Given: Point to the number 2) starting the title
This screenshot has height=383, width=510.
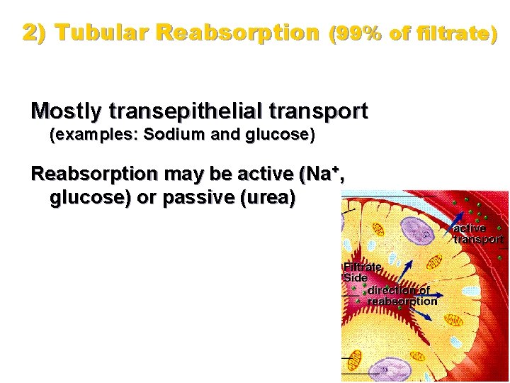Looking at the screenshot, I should click(x=35, y=33).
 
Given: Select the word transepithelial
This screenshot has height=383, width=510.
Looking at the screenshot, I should click(x=185, y=111).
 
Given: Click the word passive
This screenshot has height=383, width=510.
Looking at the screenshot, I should click(x=199, y=198).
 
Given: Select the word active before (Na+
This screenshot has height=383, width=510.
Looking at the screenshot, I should click(x=265, y=174).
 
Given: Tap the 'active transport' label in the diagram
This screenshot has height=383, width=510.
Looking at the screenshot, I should click(x=477, y=234).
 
